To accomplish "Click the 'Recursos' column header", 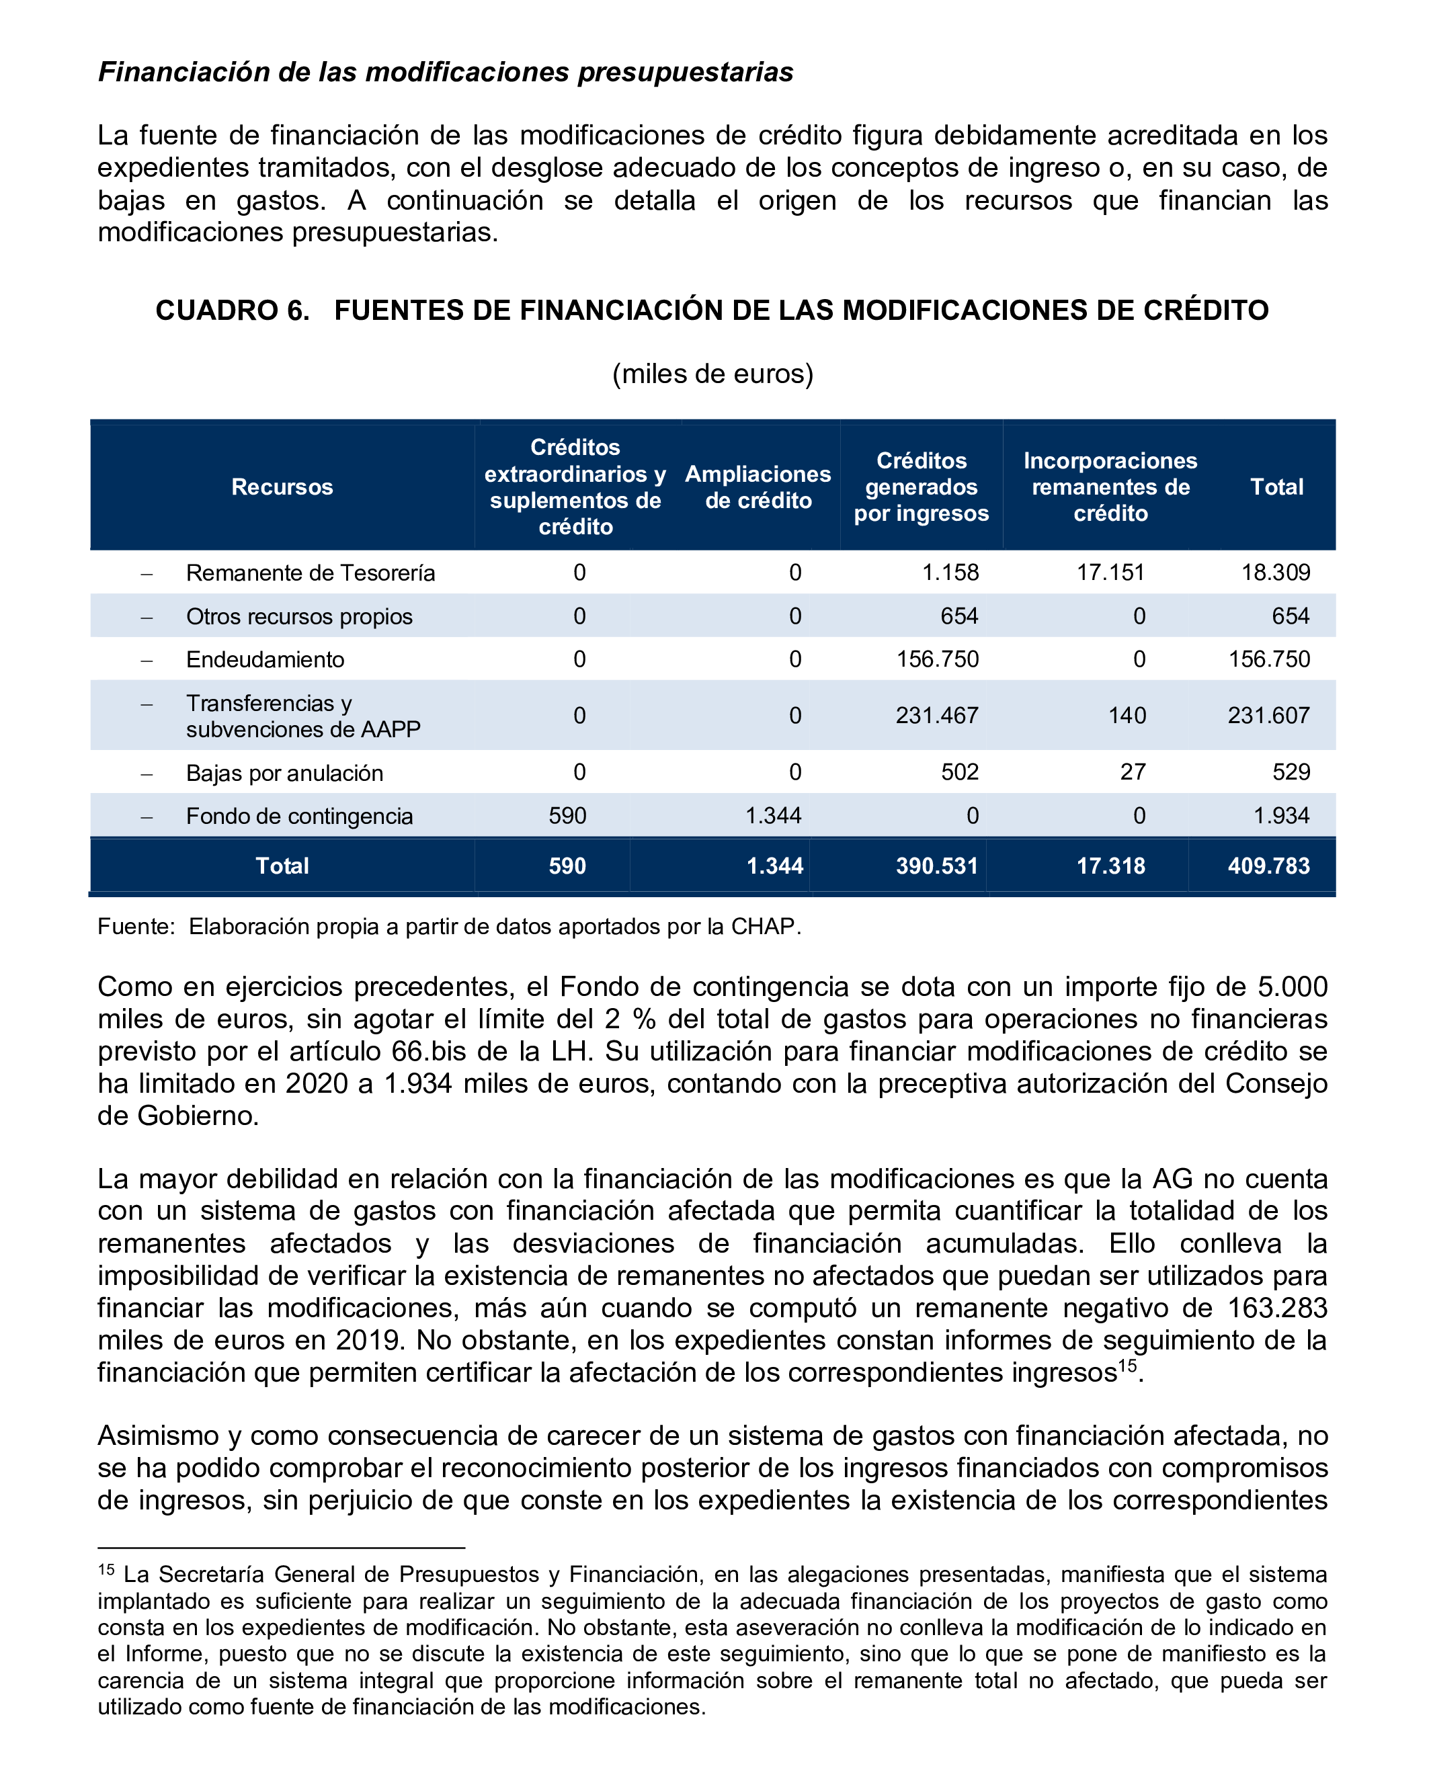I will point(282,487).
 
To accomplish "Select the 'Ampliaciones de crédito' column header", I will point(758,487).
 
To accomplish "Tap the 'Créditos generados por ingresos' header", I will point(921,487).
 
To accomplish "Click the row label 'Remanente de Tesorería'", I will point(311,573).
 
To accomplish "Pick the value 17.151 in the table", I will point(1110,573).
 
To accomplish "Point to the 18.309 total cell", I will point(1276,573).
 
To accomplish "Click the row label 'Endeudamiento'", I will point(265,660).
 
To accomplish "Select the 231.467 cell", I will point(937,715).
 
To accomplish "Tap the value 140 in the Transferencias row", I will point(1127,715).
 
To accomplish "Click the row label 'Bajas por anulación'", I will point(284,774).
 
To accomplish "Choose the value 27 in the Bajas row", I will point(1133,773).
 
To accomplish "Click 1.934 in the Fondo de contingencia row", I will point(1281,816).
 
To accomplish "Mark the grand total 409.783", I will point(1269,866).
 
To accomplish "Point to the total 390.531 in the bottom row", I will point(937,866).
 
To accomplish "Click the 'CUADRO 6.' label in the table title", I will point(233,310).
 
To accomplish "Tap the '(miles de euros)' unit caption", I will point(713,374).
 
